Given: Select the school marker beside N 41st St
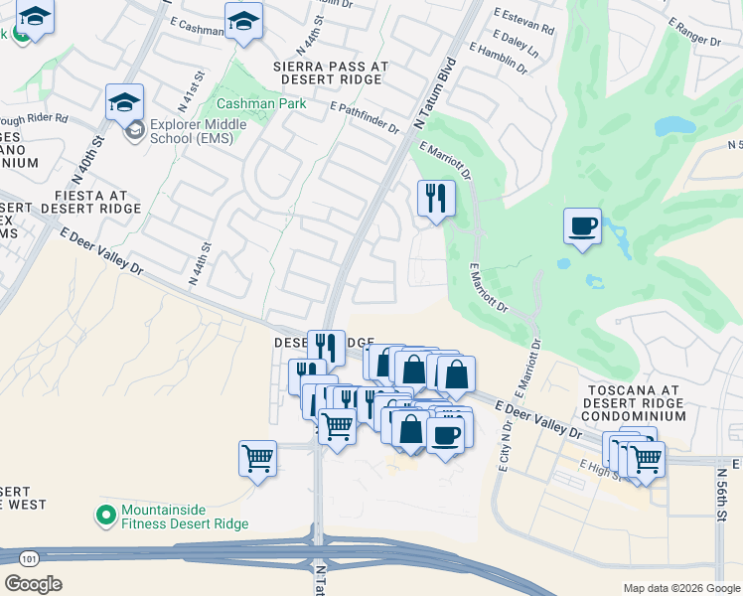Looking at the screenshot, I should pyautogui.click(x=125, y=101).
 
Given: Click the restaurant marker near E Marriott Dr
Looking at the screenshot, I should pyautogui.click(x=435, y=198).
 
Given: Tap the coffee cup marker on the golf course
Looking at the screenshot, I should pyautogui.click(x=582, y=225).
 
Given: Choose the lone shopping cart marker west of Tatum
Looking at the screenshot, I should pyautogui.click(x=257, y=459).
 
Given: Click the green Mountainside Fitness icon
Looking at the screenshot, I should pyautogui.click(x=105, y=515).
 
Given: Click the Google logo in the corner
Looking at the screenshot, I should pyautogui.click(x=34, y=584).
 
